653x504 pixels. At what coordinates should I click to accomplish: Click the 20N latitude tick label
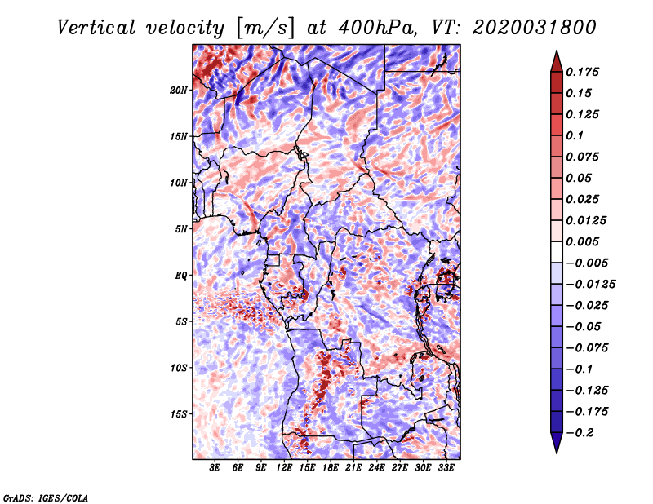pos(179,91)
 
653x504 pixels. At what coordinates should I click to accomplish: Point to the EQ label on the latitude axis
pos(180,276)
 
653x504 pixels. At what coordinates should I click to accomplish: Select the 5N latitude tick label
pos(181,229)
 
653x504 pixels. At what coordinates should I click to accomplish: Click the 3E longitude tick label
pos(215,468)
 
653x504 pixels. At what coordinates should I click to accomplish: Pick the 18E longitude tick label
pos(331,468)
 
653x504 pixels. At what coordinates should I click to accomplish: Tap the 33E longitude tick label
pos(446,468)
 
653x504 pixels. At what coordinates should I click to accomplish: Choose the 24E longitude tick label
pos(376,468)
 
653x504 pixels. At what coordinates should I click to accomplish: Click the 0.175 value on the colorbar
pos(583,72)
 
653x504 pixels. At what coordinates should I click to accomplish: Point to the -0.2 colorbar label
pos(580,433)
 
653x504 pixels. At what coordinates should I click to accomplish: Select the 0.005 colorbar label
pos(583,241)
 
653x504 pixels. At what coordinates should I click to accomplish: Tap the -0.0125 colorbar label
pos(590,285)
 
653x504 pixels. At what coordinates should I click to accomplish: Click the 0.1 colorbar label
pos(575,135)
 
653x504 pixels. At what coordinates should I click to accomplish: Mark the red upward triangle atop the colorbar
pos(557,61)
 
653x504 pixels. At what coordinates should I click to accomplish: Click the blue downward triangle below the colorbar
pos(557,443)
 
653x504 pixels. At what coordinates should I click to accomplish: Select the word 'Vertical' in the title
pos(96,28)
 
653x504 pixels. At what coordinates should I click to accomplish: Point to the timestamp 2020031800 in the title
pos(535,28)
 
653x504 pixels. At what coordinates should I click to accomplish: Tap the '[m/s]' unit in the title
pos(265,28)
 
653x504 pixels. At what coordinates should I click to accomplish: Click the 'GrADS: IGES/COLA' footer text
pos(46,497)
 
